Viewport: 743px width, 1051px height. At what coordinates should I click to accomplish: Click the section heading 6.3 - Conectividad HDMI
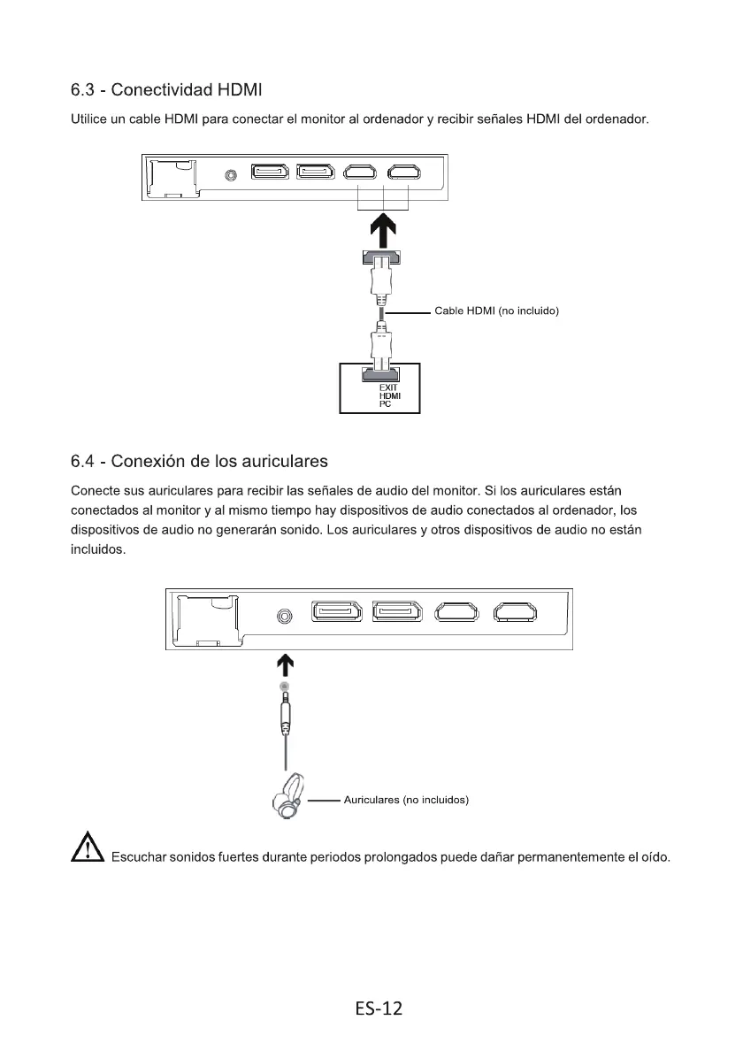coord(167,90)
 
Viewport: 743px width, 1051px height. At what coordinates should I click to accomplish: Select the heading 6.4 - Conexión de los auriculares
coord(199,461)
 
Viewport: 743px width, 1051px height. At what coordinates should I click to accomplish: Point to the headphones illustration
coord(287,800)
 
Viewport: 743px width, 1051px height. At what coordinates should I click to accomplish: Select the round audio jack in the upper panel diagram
coord(231,174)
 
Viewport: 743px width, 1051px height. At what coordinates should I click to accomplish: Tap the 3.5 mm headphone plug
coord(285,713)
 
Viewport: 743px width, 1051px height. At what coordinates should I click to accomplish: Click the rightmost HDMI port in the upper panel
coord(406,173)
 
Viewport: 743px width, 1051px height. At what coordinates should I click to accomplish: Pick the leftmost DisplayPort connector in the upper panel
coord(269,173)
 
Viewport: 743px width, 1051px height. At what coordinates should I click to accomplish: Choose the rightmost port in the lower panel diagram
coord(516,613)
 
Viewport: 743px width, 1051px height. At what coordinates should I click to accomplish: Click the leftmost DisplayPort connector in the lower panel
coord(336,613)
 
